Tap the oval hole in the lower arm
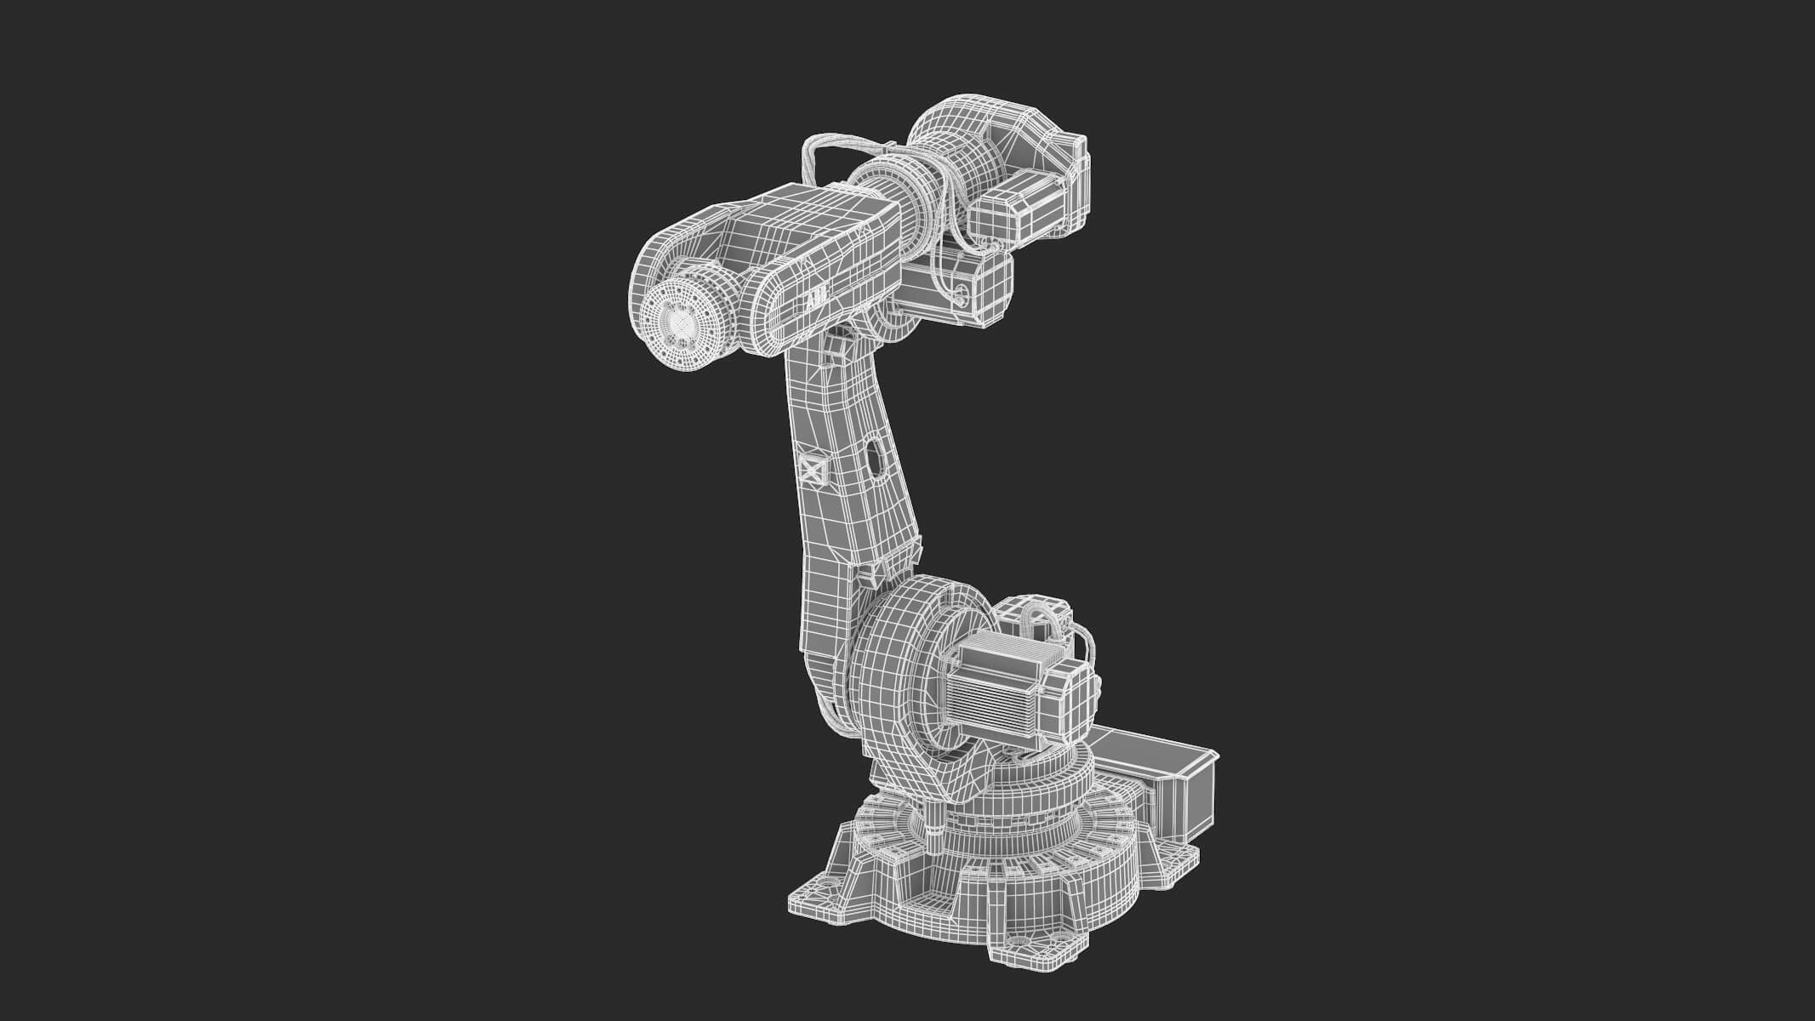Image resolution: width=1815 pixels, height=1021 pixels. (873, 456)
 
